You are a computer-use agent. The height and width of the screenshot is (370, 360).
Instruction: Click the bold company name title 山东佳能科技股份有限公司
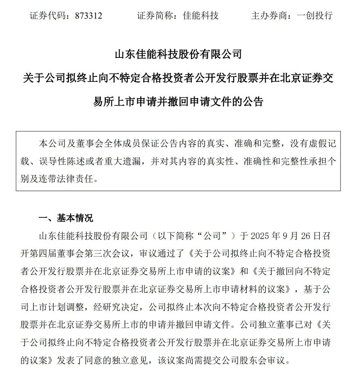(x=178, y=54)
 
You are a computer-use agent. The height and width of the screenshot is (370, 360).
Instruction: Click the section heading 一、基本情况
(x=66, y=218)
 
